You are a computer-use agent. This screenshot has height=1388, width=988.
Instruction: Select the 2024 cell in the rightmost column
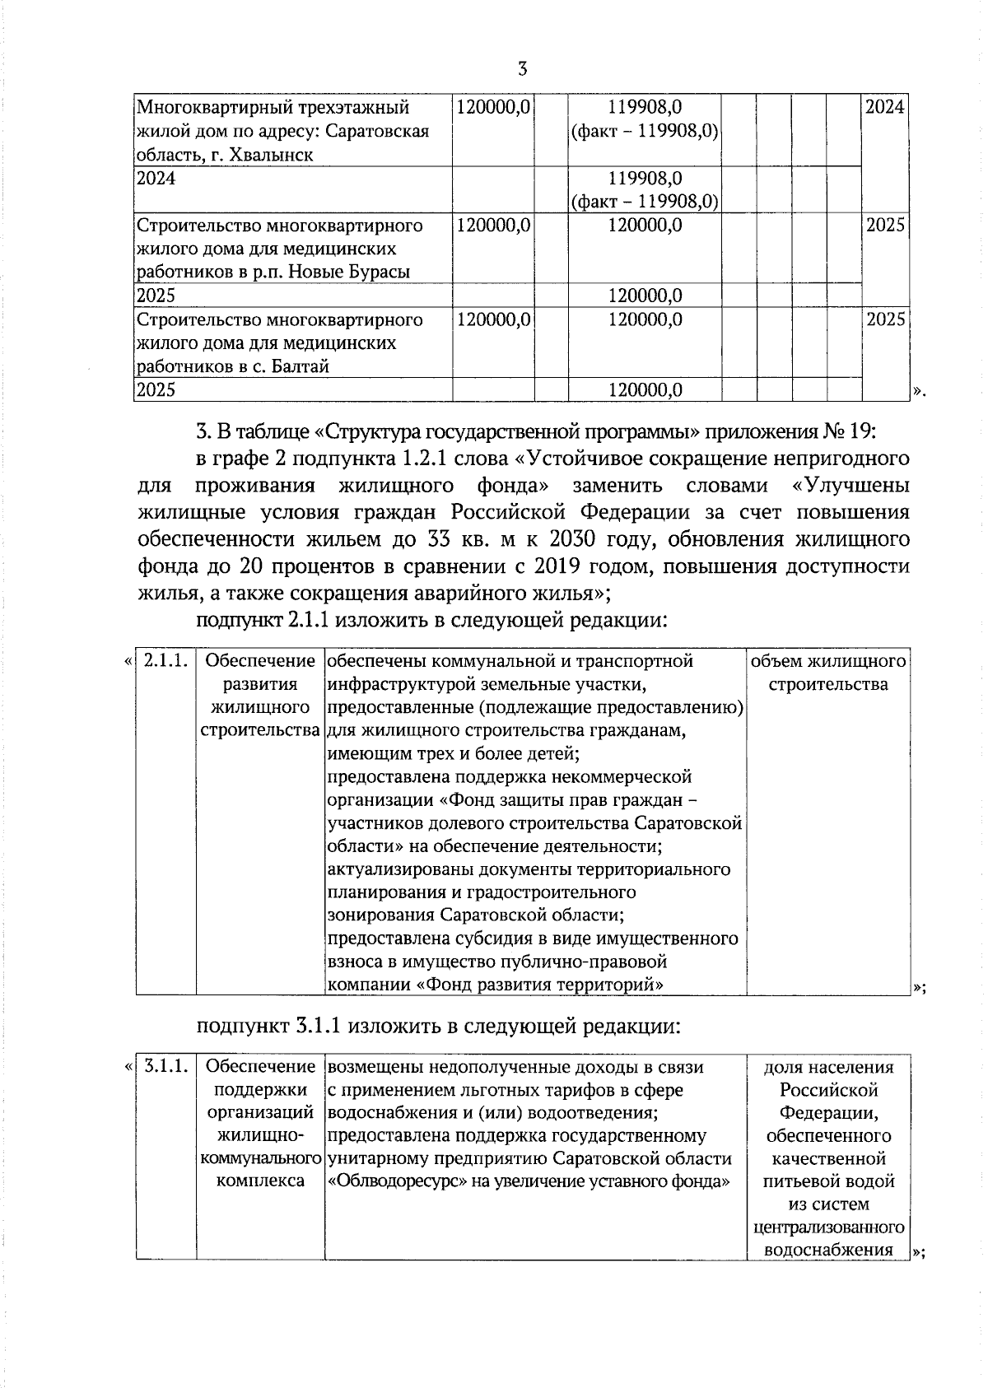(x=884, y=107)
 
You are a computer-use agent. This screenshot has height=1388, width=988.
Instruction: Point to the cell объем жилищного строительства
(x=828, y=673)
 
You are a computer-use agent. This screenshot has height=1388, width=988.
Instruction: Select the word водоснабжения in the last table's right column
(x=828, y=1250)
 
